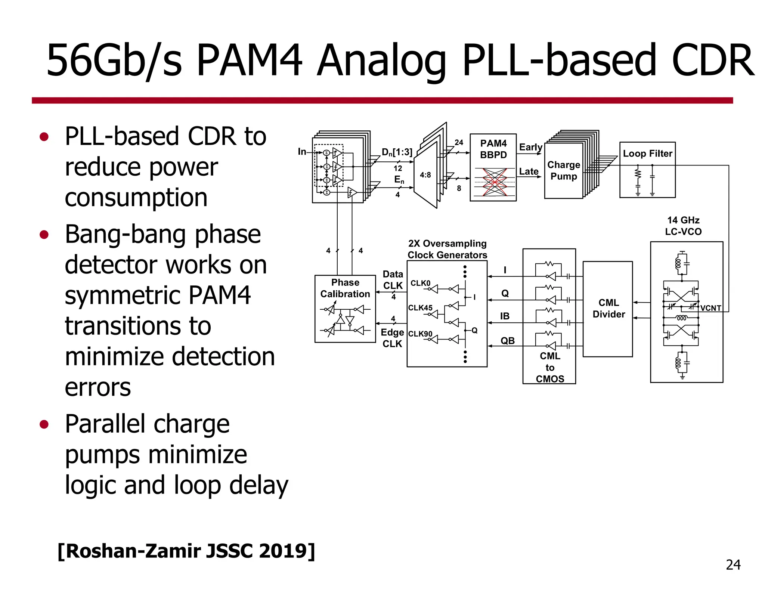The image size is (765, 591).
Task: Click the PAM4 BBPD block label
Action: point(493,149)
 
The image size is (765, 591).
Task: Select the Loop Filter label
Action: point(647,154)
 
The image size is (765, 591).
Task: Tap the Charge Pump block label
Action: point(563,170)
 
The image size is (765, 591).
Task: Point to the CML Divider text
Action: point(608,308)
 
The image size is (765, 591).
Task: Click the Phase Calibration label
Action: point(345,288)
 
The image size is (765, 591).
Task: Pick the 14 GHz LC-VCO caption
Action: point(683,226)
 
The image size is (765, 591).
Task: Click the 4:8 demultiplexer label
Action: point(425,175)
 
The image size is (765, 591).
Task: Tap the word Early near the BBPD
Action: point(530,147)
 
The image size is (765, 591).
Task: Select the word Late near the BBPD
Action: point(529,171)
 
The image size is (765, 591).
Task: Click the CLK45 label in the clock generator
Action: point(420,308)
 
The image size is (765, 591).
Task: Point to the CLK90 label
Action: point(420,334)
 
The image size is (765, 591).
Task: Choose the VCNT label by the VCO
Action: point(710,308)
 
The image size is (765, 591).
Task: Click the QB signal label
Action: point(507,341)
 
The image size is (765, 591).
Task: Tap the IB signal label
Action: point(505,316)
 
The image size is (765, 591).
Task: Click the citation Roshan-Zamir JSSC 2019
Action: point(186,551)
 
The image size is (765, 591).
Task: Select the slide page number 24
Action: point(733,565)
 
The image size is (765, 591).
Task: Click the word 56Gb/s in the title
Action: point(114,61)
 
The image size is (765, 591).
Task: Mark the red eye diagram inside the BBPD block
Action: point(494,182)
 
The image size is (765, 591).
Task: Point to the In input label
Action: point(302,151)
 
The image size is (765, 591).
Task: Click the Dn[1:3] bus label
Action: point(397,152)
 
